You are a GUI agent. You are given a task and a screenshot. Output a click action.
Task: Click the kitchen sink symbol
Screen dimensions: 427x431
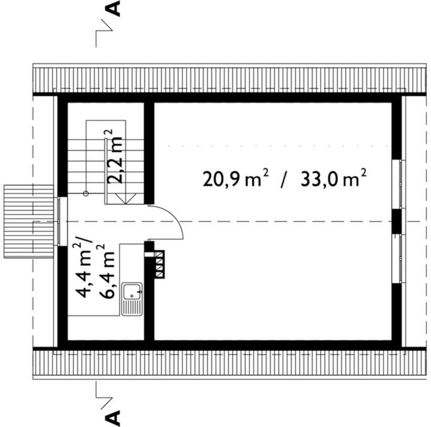click(x=130, y=299)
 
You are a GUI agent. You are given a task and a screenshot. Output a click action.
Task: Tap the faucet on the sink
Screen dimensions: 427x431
click(x=131, y=293)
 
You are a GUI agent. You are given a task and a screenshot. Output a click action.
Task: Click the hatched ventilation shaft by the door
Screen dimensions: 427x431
click(x=158, y=264)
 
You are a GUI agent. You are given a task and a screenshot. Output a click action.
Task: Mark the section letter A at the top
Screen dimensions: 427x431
click(x=114, y=10)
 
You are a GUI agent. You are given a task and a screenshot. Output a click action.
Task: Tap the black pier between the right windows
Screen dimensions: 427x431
click(x=397, y=220)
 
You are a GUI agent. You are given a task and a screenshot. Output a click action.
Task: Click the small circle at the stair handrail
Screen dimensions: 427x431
click(x=86, y=194)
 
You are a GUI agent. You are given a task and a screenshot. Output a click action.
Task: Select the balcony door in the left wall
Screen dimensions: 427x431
click(x=60, y=221)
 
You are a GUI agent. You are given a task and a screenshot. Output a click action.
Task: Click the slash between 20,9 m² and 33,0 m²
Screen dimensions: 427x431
click(x=284, y=179)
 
